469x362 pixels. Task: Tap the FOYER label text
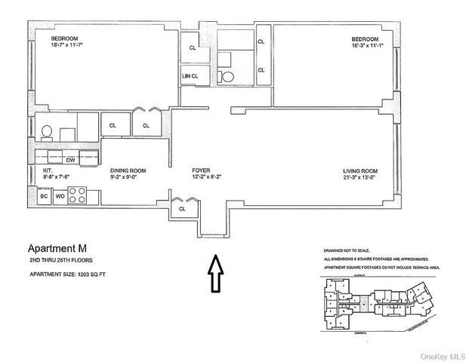(200, 171)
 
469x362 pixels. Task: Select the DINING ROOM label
(128, 171)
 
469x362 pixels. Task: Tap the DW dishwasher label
(70, 160)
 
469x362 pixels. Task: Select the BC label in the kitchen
(44, 195)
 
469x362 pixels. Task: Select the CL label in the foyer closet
(182, 208)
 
